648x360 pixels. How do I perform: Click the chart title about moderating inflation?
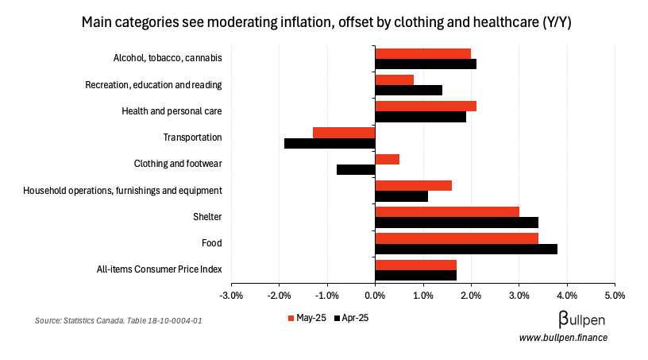326,23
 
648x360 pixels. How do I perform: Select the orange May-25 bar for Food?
457,238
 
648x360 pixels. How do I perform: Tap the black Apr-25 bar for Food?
466,249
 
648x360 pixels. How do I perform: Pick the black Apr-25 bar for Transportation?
330,143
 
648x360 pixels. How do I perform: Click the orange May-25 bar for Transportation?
344,133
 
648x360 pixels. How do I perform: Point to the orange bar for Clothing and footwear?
388,159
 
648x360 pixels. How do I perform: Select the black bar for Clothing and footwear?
356,169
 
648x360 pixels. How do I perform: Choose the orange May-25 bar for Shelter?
447,211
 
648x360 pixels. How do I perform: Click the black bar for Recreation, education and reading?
408,91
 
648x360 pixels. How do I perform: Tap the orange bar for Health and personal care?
426,106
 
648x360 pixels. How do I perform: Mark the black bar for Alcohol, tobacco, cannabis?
426,64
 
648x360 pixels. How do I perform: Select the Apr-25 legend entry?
351,318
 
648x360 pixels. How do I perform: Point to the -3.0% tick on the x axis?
231,296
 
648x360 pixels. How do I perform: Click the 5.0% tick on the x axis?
615,296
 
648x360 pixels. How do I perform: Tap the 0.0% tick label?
375,296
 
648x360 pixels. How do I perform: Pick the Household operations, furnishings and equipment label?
122,191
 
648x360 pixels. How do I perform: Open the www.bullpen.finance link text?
563,338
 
